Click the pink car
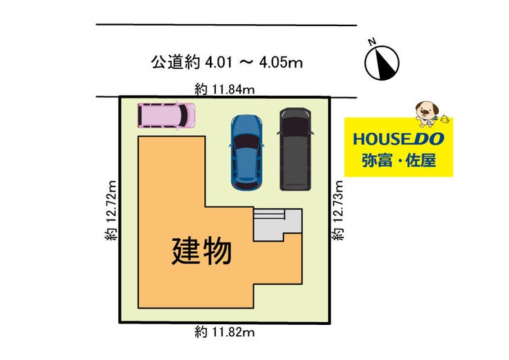coord(166,114)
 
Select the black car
coord(296,149)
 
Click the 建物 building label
coord(202,251)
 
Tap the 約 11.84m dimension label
coord(225,88)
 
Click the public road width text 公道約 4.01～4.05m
coord(227,63)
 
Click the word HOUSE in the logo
coord(379,138)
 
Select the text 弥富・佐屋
coord(398,163)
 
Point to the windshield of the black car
coord(296,127)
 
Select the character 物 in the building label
coord(217,251)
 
